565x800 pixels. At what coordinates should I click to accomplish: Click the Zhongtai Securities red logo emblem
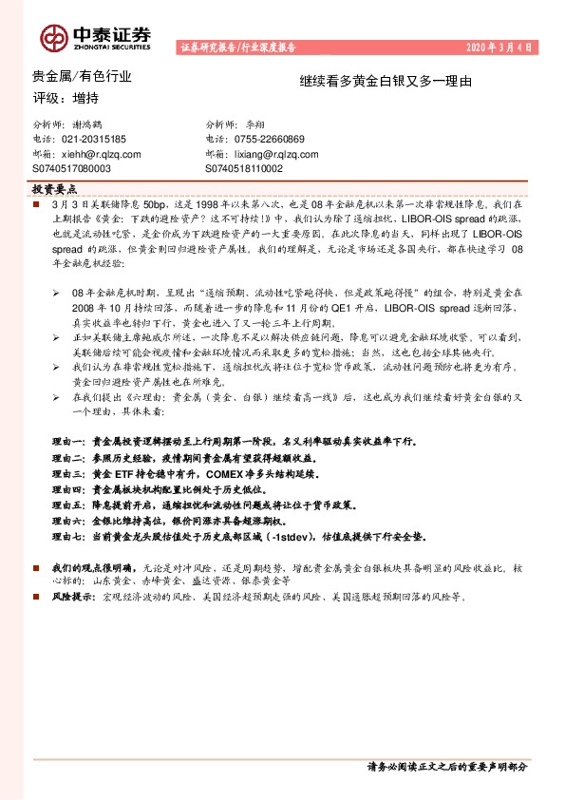pyautogui.click(x=53, y=35)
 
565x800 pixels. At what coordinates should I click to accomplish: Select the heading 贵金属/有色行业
pyautogui.click(x=69, y=76)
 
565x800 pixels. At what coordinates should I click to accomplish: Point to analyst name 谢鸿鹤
pyautogui.click(x=93, y=125)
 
